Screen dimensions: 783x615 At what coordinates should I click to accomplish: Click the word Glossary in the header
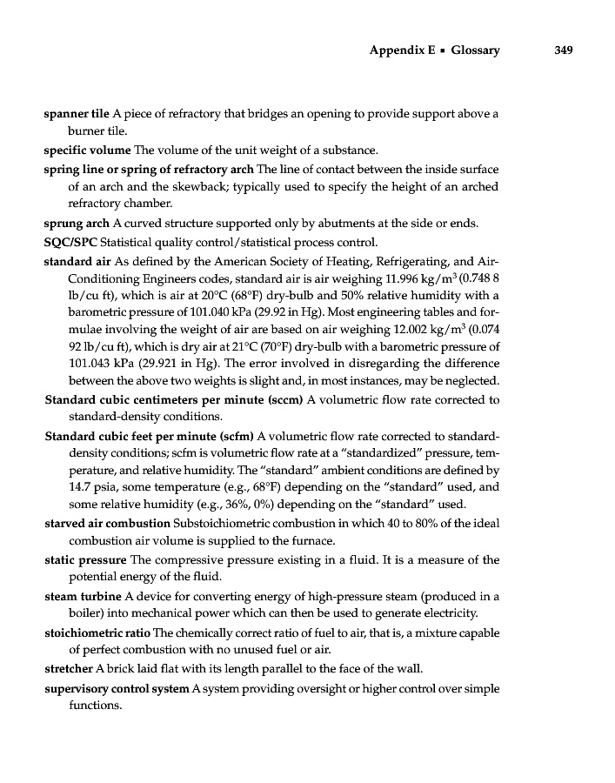coord(475,50)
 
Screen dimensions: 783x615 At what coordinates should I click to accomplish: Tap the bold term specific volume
coord(87,150)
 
